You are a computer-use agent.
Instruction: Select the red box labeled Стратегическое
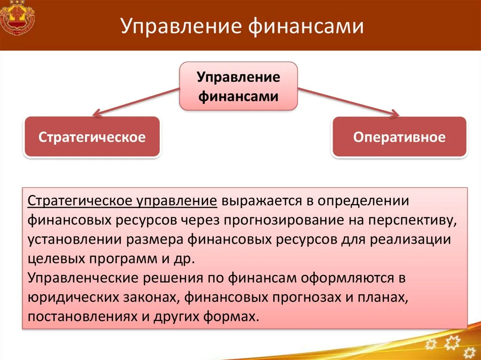click(92, 137)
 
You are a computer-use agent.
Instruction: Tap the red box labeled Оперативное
click(399, 137)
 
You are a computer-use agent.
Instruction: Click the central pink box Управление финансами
click(238, 86)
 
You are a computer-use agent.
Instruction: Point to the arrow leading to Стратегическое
click(136, 102)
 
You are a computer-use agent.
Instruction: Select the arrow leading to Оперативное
click(349, 102)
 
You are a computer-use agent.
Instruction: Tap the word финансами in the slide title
click(306, 26)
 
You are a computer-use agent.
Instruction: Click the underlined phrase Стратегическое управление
click(123, 201)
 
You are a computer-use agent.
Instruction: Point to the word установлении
click(75, 240)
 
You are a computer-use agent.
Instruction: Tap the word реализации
click(411, 240)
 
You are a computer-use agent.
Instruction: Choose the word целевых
click(56, 259)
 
